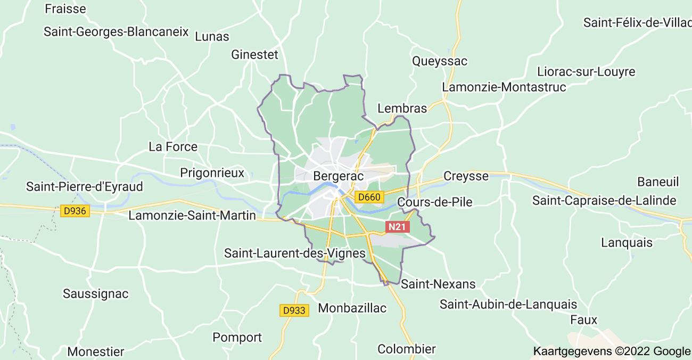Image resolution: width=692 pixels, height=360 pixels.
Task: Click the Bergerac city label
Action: (x=339, y=176)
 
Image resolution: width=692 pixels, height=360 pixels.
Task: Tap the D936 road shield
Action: (x=75, y=211)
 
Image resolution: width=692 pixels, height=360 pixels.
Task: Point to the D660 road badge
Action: (x=369, y=197)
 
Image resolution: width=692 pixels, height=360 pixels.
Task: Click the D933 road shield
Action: (x=294, y=309)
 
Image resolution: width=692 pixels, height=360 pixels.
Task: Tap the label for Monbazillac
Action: (x=352, y=308)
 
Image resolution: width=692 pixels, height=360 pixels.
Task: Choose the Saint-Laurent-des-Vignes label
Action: (x=295, y=253)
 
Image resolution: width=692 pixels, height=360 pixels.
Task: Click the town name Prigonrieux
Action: (x=212, y=173)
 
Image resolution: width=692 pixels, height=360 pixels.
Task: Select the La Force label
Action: (x=173, y=146)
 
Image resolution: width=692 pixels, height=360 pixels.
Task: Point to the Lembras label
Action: (x=402, y=108)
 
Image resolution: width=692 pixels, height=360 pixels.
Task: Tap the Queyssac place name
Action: (x=440, y=61)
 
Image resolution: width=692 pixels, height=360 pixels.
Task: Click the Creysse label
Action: (x=466, y=176)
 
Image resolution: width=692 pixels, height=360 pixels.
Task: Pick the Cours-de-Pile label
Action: (x=435, y=202)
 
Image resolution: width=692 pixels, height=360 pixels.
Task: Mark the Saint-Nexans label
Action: (x=438, y=284)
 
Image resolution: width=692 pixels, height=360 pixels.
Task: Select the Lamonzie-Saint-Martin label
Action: (x=192, y=216)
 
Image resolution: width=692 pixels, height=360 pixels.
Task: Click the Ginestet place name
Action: (x=255, y=54)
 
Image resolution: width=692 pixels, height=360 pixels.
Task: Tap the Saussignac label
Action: (x=96, y=293)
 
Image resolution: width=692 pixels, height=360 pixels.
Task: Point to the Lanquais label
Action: (x=627, y=242)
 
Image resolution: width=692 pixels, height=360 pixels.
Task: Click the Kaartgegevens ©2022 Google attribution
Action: (x=611, y=351)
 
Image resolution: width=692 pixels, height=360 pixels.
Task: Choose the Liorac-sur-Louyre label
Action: (x=586, y=71)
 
